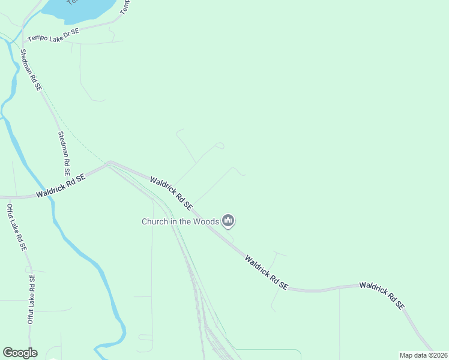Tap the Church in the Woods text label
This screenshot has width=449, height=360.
180,221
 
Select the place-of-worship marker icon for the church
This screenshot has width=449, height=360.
228,221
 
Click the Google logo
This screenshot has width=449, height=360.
20,353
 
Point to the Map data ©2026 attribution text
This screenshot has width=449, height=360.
423,355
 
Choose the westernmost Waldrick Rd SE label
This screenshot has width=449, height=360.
61,185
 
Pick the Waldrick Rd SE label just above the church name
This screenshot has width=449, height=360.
171,193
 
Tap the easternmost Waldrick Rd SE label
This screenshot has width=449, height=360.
381,294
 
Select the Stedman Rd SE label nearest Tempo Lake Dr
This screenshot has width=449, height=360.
31,70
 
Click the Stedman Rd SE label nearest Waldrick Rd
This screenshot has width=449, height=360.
64,149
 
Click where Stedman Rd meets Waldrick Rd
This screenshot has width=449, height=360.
109,163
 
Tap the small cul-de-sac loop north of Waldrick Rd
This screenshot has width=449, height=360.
220,145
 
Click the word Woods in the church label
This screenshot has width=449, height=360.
206,221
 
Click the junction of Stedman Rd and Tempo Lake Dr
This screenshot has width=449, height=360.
23,43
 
